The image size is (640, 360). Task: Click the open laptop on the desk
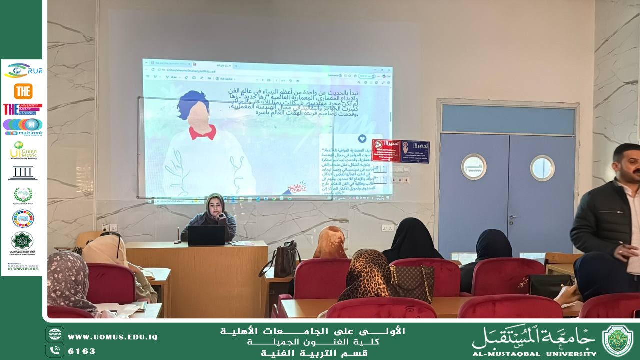point(206,235)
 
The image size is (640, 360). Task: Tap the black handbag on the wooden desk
point(281,261)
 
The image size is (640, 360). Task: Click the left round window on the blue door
point(473,167)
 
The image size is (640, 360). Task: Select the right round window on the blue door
point(542,168)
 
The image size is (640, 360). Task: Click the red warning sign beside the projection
point(386,151)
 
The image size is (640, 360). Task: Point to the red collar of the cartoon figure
point(202,132)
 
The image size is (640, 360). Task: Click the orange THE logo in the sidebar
point(23,91)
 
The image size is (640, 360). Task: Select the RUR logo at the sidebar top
point(23,71)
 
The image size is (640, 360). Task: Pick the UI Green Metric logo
point(23,150)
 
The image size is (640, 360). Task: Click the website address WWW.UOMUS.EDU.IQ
point(113,337)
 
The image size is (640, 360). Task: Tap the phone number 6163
point(82,351)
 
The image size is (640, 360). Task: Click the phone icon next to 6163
point(55,350)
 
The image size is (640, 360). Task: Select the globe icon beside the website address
point(55,334)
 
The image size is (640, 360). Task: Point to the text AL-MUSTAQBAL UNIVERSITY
point(534,353)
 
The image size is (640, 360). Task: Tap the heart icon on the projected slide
point(362,138)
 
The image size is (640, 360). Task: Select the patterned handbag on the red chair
point(412,283)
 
